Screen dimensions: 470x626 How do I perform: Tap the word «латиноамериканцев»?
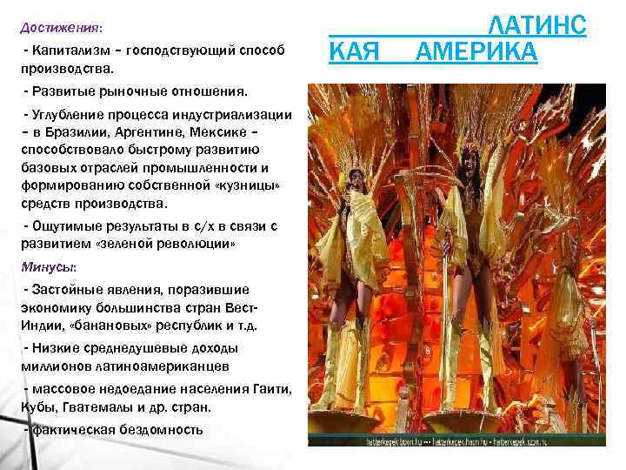pos(156,366)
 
